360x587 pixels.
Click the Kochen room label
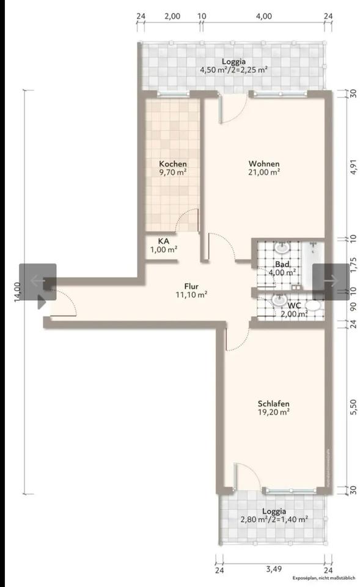173,168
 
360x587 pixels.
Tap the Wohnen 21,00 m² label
264,168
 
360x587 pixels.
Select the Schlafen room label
273,407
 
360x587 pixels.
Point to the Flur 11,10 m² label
192,290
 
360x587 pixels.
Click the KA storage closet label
164,245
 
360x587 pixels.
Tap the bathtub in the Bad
312,265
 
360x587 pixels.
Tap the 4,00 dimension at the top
264,17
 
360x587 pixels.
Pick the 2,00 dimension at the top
172,17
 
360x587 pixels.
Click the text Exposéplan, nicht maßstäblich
323,578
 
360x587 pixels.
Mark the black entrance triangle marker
42,301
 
